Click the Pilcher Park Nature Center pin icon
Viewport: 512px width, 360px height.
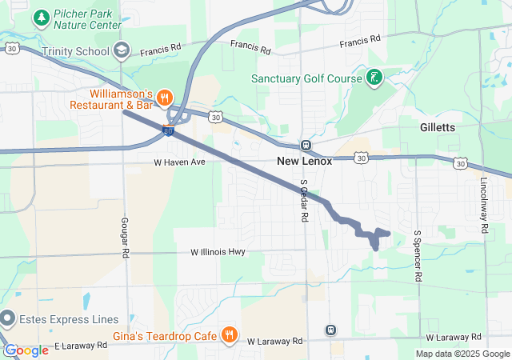[42, 17]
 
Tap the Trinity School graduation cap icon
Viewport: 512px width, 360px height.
[121, 50]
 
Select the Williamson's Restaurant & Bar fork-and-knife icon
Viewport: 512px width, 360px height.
[164, 97]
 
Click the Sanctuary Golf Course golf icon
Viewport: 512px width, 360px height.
[373, 78]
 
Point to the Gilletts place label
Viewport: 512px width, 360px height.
[438, 127]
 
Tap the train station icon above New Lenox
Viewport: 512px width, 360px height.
[306, 145]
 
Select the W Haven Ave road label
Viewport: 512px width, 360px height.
[180, 162]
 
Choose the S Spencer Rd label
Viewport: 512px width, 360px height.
[417, 256]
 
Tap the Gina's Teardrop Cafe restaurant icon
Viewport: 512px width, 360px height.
[229, 334]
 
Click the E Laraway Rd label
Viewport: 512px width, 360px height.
[81, 346]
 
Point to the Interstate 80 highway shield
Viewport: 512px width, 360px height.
[169, 130]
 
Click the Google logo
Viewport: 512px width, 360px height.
[26, 350]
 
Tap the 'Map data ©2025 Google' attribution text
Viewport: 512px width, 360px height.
[462, 354]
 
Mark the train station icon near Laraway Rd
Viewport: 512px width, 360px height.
[330, 330]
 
